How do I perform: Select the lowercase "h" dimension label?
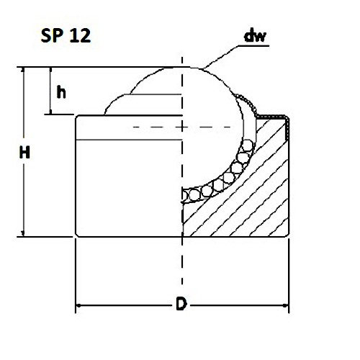pyautogui.click(x=62, y=91)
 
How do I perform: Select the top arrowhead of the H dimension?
pyautogui.click(x=24, y=72)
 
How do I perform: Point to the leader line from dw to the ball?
pyautogui.click(x=223, y=56)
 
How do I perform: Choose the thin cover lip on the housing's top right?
pyautogui.click(x=277, y=117)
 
